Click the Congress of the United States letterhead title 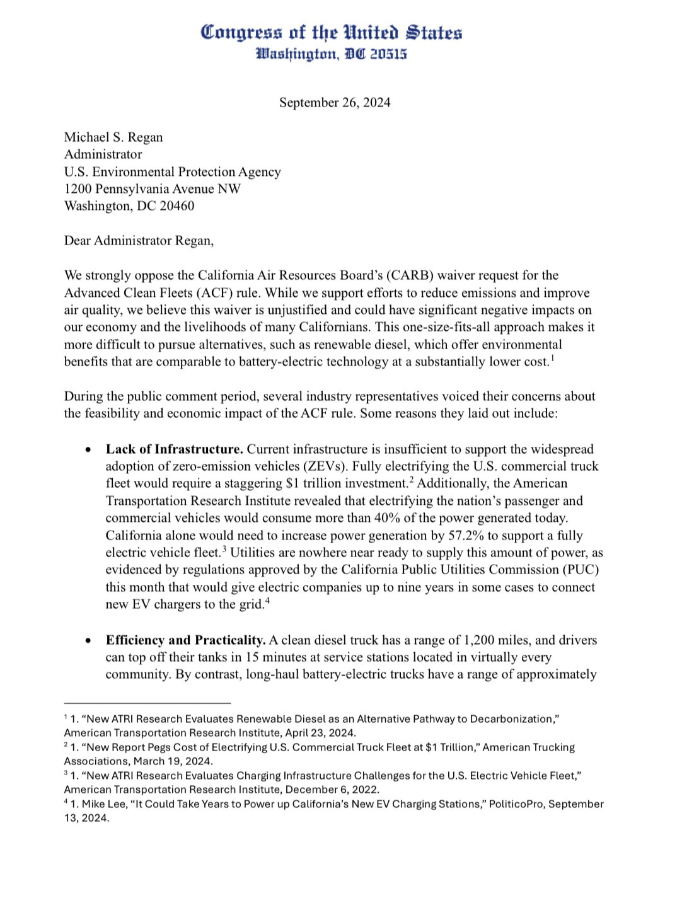[332, 32]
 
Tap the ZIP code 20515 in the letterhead [388, 54]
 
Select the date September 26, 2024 [335, 103]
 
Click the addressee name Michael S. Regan [113, 137]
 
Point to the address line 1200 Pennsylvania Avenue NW [152, 189]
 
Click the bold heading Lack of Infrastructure [174, 449]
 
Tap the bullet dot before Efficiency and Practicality [90, 640]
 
